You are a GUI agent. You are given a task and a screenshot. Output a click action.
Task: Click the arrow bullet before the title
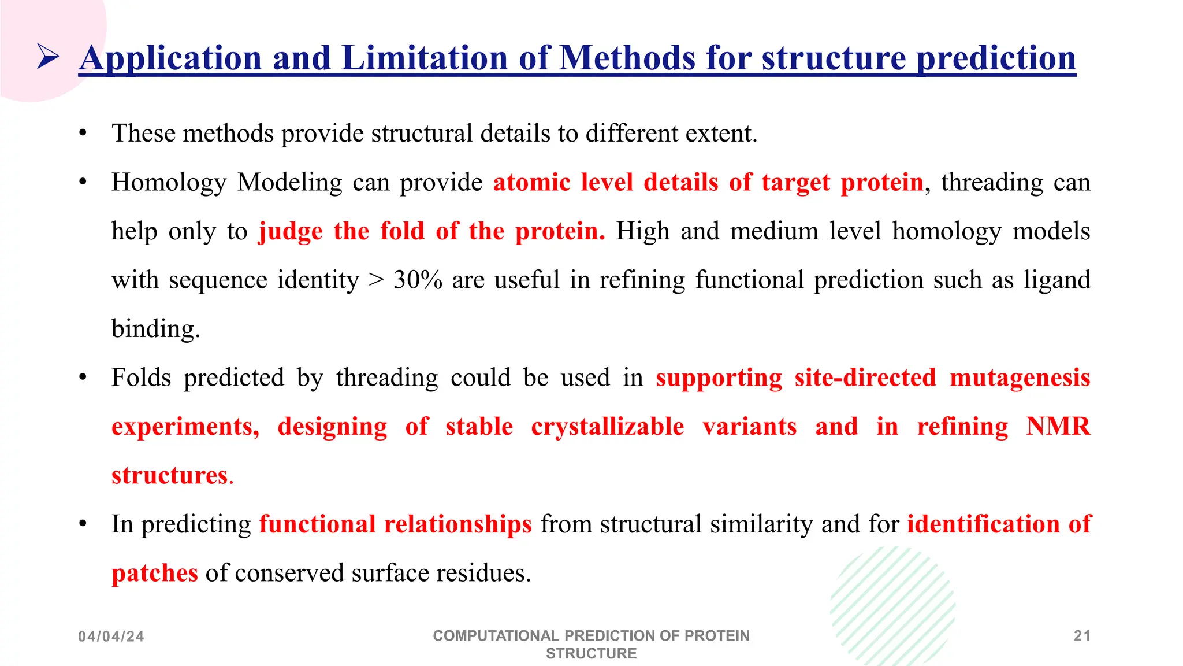pyautogui.click(x=48, y=57)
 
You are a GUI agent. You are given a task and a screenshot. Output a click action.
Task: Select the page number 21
pyautogui.click(x=1082, y=636)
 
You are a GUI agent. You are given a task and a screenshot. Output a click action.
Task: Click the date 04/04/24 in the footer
pyautogui.click(x=111, y=637)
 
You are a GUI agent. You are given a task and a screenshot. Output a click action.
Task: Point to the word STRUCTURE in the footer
pyautogui.click(x=591, y=654)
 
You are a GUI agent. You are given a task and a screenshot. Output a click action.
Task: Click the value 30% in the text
pyautogui.click(x=418, y=280)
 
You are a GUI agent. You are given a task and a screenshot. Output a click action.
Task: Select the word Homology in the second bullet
pyautogui.click(x=169, y=183)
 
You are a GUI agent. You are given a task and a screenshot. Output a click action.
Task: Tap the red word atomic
pyautogui.click(x=531, y=183)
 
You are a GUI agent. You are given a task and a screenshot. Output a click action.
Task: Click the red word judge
pyautogui.click(x=291, y=232)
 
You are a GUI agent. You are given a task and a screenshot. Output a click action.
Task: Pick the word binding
pyautogui.click(x=155, y=329)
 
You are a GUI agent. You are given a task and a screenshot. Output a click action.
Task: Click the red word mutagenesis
pyautogui.click(x=1020, y=378)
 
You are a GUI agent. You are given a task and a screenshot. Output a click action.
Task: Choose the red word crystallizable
pyautogui.click(x=608, y=427)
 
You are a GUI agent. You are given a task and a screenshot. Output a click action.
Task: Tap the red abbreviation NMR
pyautogui.click(x=1058, y=427)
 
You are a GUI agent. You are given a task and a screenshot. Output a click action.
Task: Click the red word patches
pyautogui.click(x=154, y=573)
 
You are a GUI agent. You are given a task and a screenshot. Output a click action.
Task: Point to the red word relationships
pyautogui.click(x=457, y=524)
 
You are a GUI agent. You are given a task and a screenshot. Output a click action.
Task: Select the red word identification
pyautogui.click(x=983, y=524)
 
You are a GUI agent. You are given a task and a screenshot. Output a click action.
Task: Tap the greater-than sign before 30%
pyautogui.click(x=376, y=280)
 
